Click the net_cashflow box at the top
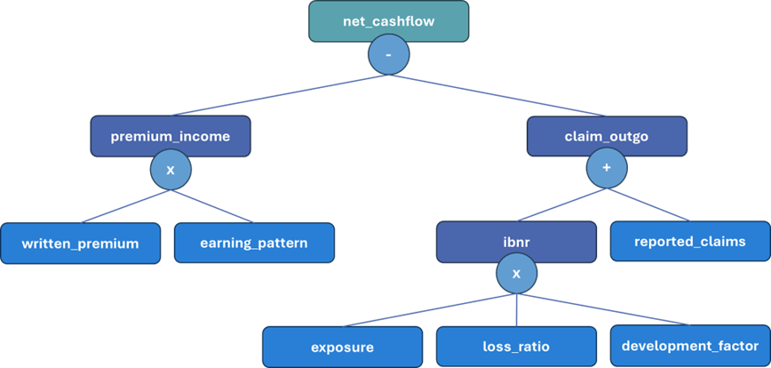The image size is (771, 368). (388, 20)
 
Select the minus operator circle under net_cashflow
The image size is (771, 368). (388, 57)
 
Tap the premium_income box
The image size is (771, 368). (170, 137)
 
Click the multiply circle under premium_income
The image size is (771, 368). (171, 169)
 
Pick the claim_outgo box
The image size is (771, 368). (607, 137)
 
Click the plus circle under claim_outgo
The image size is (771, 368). (607, 169)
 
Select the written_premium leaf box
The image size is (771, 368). (80, 244)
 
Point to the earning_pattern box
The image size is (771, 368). (254, 243)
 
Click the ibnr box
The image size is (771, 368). (516, 242)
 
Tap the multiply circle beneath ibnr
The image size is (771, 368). (516, 274)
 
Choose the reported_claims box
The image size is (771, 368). (689, 242)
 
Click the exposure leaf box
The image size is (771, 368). (342, 347)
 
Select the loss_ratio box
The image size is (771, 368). (516, 347)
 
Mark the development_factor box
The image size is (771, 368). (689, 346)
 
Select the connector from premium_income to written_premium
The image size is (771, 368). (124, 205)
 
